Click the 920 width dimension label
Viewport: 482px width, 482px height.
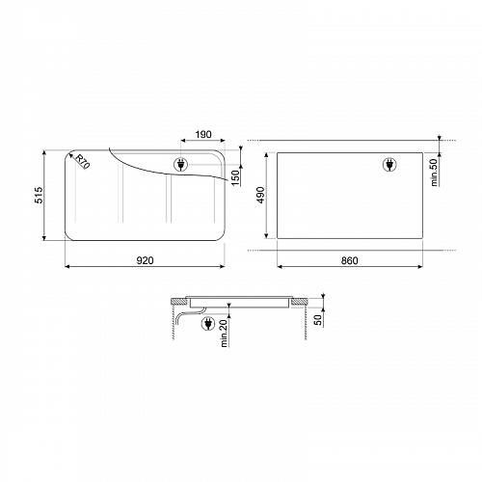pos(146,260)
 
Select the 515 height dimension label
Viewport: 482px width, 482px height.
pos(39,195)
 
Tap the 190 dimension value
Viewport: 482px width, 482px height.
pos(203,134)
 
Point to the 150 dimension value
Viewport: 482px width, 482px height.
pos(235,177)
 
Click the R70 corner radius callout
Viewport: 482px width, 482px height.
pos(82,161)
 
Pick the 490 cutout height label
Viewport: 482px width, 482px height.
pos(260,195)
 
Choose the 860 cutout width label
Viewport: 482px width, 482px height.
pos(349,260)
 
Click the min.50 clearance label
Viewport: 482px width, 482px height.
pos(434,173)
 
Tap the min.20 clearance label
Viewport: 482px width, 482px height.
pos(224,334)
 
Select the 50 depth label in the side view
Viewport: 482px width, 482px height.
pos(318,320)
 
